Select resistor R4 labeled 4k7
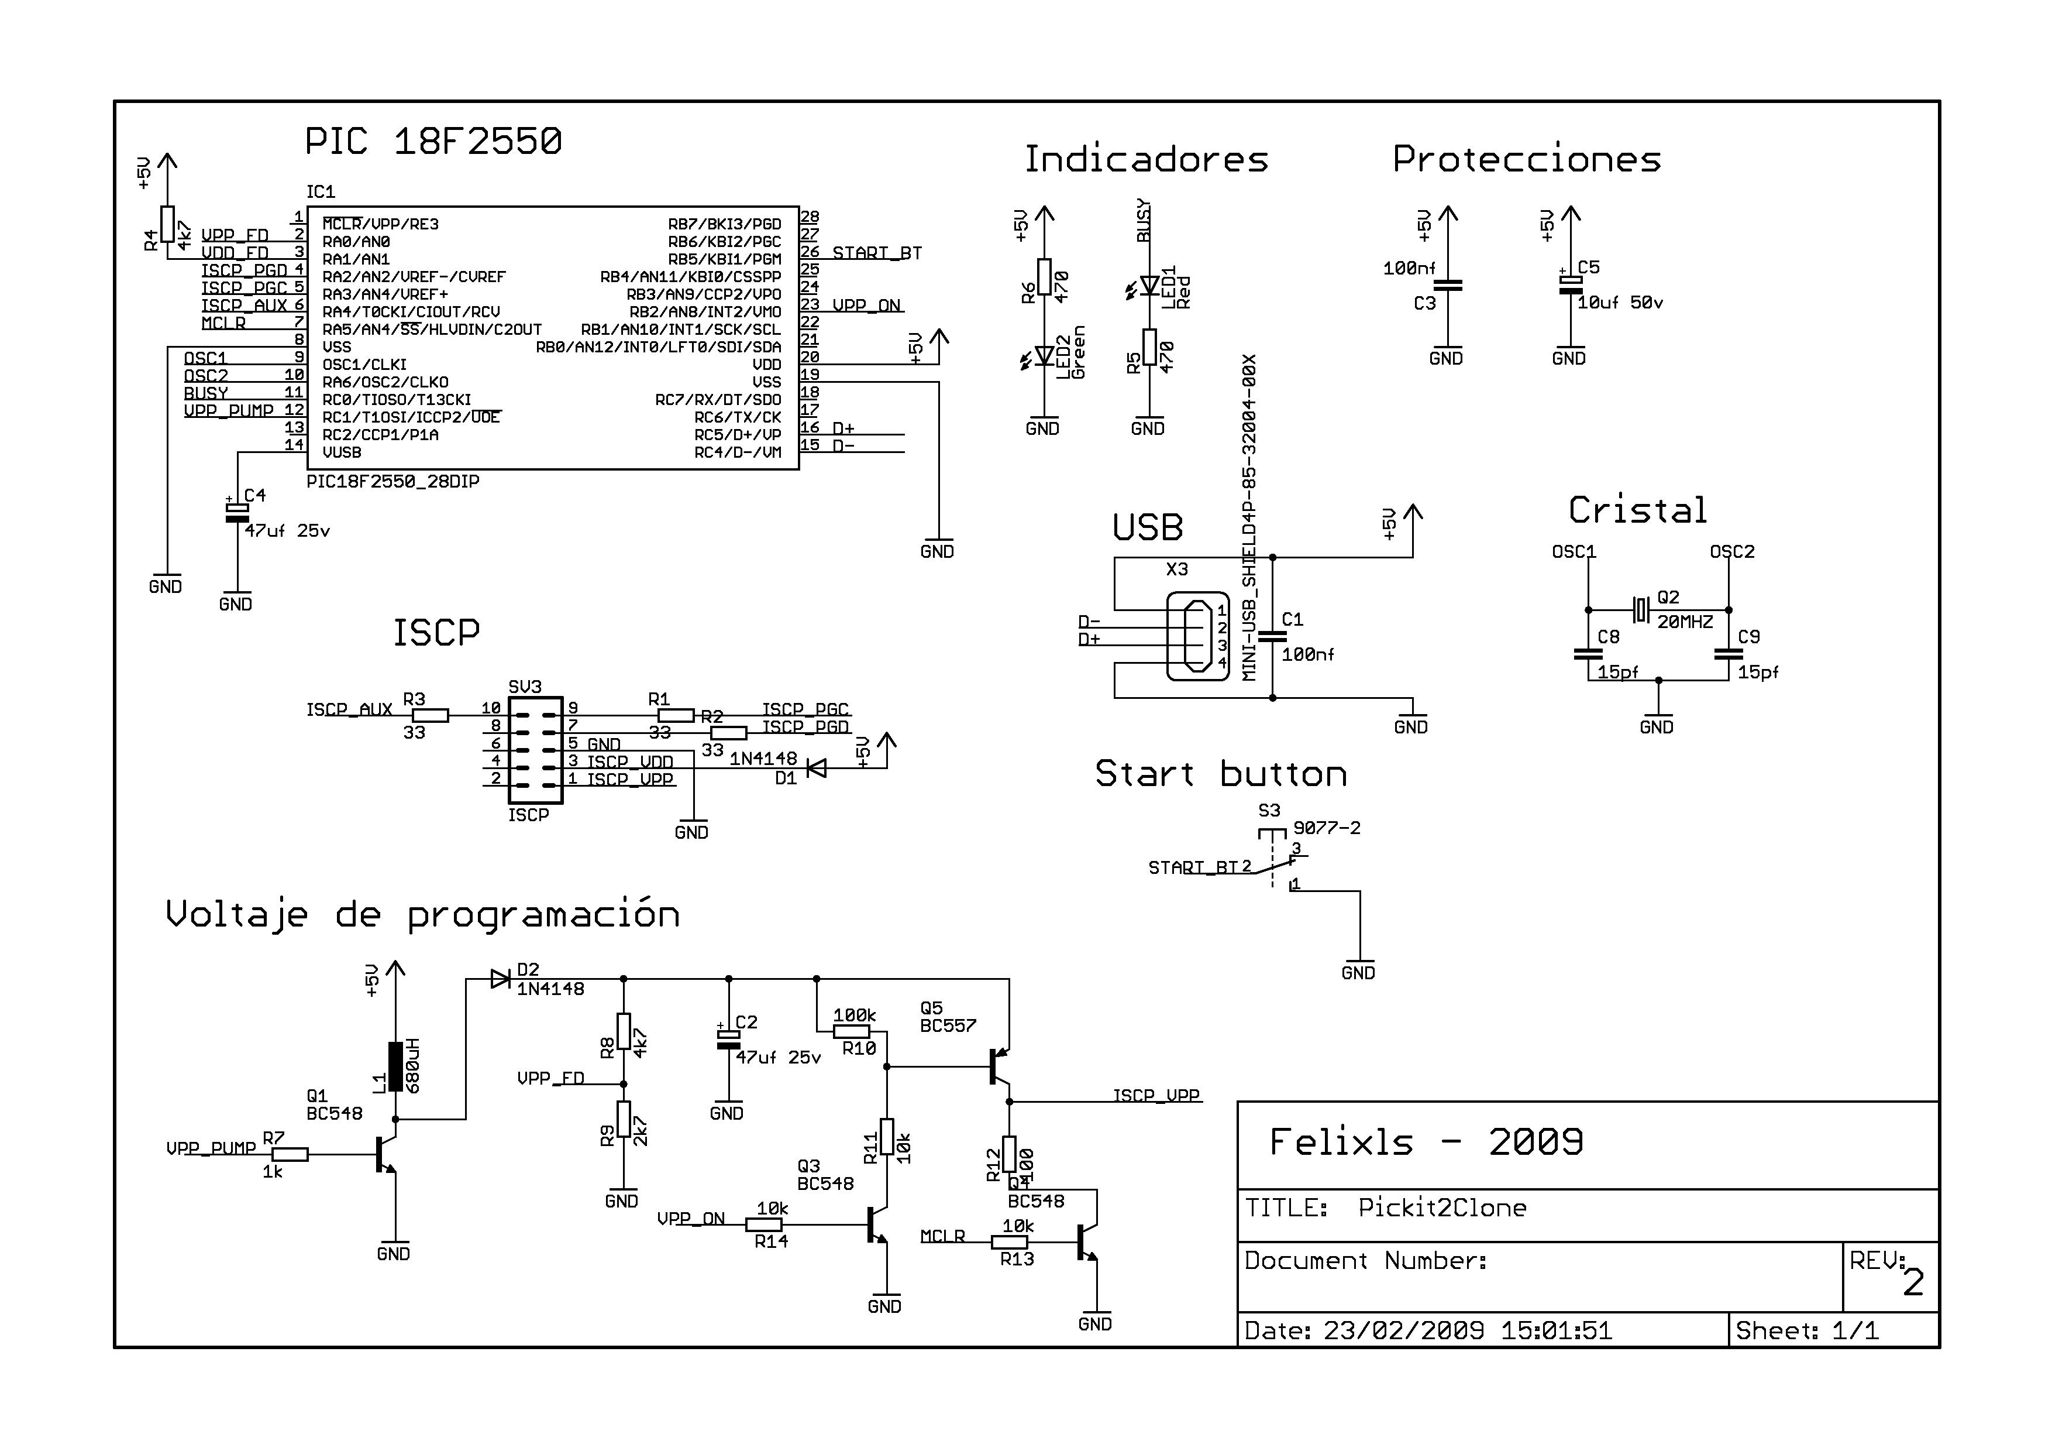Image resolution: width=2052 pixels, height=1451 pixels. click(167, 224)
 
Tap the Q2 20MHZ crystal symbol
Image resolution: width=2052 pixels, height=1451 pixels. click(1640, 610)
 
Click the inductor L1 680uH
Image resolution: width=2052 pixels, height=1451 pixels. click(395, 1066)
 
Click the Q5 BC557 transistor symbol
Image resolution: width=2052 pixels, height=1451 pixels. click(999, 1066)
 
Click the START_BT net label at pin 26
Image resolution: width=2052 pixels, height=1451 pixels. click(877, 253)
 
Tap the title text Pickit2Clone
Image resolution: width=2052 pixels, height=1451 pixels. click(1441, 1208)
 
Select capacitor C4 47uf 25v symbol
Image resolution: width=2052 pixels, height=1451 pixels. click(237, 512)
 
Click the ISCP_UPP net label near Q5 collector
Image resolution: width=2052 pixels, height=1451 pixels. click(1156, 1095)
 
